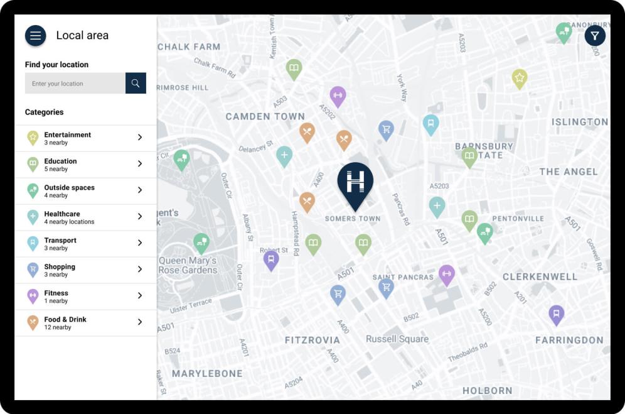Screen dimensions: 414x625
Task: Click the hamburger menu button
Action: (x=36, y=36)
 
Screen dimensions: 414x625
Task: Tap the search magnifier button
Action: (x=136, y=83)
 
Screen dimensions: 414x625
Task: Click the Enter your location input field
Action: (x=75, y=84)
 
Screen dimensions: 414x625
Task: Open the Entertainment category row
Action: (x=85, y=138)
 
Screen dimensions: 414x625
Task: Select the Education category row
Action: (x=85, y=165)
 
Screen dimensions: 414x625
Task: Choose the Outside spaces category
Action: (x=85, y=191)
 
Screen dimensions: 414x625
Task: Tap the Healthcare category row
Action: (x=85, y=217)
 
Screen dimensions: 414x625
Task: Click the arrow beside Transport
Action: (x=140, y=243)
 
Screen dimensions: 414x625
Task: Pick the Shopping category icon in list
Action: (x=33, y=270)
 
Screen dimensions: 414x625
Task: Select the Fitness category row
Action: (x=85, y=297)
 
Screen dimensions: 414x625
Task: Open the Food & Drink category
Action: (x=85, y=323)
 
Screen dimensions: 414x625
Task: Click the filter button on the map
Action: (x=594, y=36)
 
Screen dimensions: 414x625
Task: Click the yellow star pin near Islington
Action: (x=519, y=78)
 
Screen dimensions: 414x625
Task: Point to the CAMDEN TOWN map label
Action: (x=265, y=116)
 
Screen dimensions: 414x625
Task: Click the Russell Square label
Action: (x=397, y=339)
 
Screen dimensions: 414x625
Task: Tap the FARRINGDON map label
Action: (x=569, y=340)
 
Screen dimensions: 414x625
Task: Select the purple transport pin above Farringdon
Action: (x=556, y=313)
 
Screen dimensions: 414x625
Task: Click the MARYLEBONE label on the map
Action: (x=207, y=373)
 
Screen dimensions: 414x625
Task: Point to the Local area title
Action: (x=82, y=36)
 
